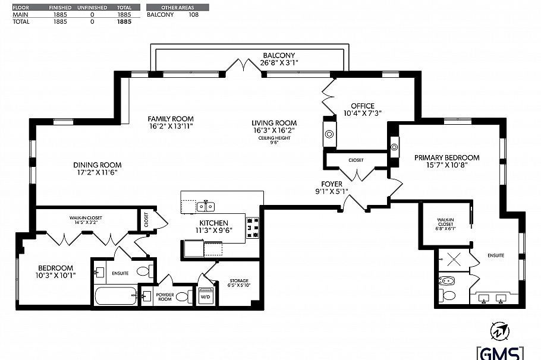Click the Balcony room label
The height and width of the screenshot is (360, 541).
click(279, 55)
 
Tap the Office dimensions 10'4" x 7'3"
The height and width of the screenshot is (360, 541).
click(362, 113)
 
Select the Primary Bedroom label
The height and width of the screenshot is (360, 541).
click(447, 157)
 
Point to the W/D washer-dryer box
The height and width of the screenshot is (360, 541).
click(206, 296)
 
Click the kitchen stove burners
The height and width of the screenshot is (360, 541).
click(253, 228)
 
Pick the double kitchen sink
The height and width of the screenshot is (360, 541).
click(206, 207)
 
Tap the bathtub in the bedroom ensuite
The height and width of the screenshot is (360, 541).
click(116, 296)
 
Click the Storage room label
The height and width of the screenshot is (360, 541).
click(239, 280)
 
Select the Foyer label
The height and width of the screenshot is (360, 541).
click(332, 184)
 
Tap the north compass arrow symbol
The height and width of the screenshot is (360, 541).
click(500, 331)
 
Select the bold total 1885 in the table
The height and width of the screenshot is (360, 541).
click(124, 21)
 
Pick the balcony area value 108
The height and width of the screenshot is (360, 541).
click(194, 14)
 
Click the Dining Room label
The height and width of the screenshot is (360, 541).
click(97, 165)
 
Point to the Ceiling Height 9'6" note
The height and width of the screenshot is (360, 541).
click(274, 140)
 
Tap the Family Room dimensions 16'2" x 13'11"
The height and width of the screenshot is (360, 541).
click(171, 126)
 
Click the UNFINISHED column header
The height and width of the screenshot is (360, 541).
click(92, 7)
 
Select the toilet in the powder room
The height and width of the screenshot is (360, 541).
click(184, 296)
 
